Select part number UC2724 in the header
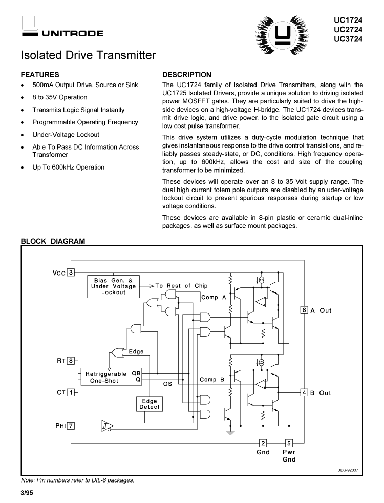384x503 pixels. coord(352,29)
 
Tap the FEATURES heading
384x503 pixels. coord(40,75)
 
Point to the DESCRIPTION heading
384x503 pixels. coord(186,75)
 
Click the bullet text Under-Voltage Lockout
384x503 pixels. coord(66,135)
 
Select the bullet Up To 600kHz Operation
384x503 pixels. coord(68,167)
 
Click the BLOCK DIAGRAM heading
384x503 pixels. coord(53,241)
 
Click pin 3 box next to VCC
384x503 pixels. coord(71,273)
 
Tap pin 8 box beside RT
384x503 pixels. coord(71,361)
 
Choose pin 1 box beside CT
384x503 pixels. coord(71,392)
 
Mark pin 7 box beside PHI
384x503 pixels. coord(71,425)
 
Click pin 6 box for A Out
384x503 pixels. coord(304,310)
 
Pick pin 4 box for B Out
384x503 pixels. coord(304,393)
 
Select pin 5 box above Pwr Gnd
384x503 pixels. coord(289,444)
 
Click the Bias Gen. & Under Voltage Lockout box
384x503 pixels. coord(113,286)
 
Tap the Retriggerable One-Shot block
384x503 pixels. coord(110,377)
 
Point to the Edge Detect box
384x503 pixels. coord(150,404)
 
